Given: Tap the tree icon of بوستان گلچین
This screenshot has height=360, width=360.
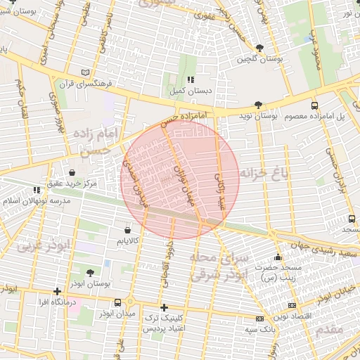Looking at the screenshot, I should coord(260,48).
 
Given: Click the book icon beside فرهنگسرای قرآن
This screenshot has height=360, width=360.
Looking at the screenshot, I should coord(86,72).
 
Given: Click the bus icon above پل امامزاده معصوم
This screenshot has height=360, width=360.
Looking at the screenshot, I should coord(314,104).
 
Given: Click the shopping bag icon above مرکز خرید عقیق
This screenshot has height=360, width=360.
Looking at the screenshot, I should coord(72,172).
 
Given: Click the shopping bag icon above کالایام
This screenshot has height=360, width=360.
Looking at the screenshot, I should coord(127,230).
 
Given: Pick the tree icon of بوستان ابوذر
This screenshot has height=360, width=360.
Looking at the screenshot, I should coord(89,272).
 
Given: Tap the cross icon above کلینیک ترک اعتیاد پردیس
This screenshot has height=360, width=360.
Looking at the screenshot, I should coord(164,307).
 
